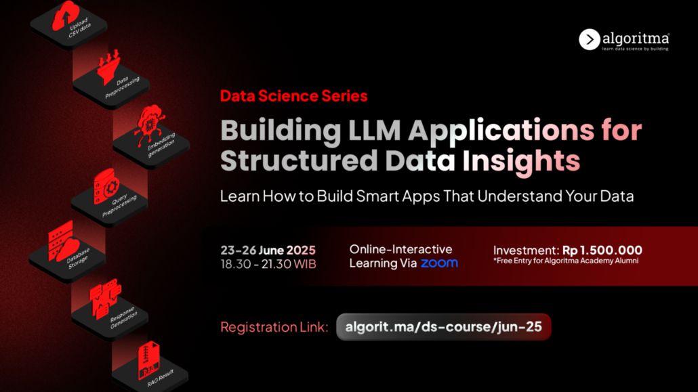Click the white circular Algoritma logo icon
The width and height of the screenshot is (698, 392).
(x=590, y=39)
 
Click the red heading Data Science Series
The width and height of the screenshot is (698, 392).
(x=294, y=96)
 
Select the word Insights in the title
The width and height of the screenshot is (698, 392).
(x=521, y=161)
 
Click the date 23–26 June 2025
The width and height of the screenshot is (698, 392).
(x=268, y=250)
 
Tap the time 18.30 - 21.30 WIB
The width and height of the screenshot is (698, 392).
(x=268, y=264)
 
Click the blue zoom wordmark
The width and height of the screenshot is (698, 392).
(x=439, y=263)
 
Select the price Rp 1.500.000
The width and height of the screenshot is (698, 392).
(x=602, y=250)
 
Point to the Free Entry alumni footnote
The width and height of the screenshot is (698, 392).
(x=566, y=261)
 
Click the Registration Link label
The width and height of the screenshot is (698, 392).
(x=274, y=327)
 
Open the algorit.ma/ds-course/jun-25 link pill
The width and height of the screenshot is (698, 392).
(x=444, y=327)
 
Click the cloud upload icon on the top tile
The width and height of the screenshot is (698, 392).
(x=65, y=16)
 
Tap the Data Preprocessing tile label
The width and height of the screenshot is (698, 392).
(x=122, y=87)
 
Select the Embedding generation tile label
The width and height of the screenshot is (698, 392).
(x=161, y=145)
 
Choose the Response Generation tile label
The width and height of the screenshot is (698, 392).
(x=123, y=318)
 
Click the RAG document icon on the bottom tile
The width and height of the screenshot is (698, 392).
(x=148, y=360)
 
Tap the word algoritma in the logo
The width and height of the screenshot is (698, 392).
(x=636, y=39)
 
